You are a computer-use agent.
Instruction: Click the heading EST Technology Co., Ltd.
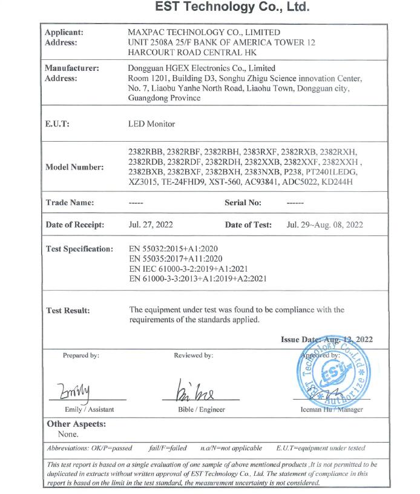(x=232, y=8)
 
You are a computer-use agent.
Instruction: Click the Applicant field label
(x=65, y=32)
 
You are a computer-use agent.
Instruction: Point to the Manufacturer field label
(x=72, y=68)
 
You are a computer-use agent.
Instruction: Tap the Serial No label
(x=243, y=203)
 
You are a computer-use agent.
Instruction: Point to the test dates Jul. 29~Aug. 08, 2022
(x=324, y=225)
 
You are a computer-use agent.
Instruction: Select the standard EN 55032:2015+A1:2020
(x=174, y=249)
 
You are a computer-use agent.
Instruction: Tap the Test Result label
(x=68, y=311)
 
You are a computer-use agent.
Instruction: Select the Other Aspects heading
(x=76, y=424)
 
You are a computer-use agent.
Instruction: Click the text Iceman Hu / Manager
(x=332, y=410)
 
